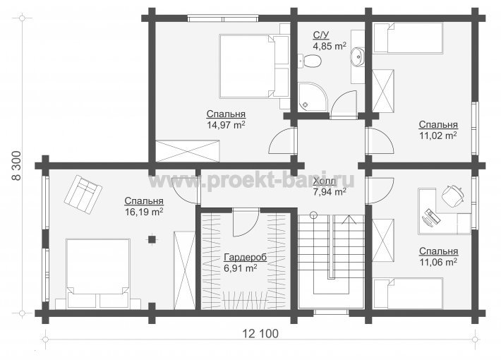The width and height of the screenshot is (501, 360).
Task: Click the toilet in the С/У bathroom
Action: click(310, 61)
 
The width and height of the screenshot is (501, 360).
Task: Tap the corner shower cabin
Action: click(313, 97)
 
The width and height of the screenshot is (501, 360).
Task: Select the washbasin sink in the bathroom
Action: click(357, 57)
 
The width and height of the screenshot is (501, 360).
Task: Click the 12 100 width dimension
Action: click(260, 334)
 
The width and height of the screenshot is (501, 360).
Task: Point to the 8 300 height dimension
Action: click(17, 166)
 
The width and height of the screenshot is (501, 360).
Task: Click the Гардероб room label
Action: click(245, 257)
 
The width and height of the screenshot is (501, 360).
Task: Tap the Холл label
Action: click(325, 181)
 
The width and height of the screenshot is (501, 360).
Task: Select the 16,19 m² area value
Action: click(144, 212)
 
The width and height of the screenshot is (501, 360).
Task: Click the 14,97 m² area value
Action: click(227, 125)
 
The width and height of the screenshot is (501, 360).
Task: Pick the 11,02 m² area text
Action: click(438, 136)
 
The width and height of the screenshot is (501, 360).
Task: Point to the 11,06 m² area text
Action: click(438, 262)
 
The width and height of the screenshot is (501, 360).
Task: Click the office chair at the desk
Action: click(452, 195)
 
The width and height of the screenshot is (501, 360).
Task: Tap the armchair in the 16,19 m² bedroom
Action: click(83, 193)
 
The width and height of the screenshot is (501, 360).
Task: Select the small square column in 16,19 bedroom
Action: click(152, 239)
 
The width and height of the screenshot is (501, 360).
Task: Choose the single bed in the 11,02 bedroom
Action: click(408, 37)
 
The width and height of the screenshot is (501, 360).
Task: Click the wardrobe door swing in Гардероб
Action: click(246, 223)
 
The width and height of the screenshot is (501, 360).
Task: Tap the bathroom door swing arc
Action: click(344, 104)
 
